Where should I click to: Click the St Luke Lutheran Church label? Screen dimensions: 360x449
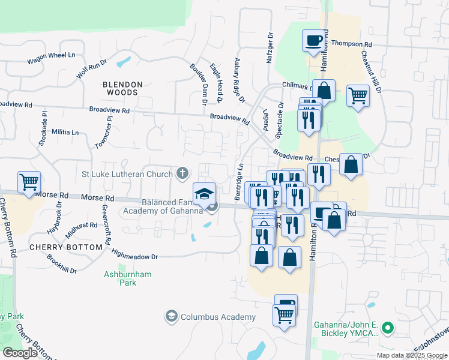coord(128,174)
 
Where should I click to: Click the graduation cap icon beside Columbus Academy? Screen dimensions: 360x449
coord(172,316)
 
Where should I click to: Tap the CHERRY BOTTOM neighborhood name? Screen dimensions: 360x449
coord(65,247)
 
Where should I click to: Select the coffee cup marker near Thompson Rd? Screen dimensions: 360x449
coord(313,41)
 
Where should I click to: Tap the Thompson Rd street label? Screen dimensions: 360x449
coord(351,44)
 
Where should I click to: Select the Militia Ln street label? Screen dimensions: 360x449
coord(65,132)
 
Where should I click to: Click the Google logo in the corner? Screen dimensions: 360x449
coord(20,353)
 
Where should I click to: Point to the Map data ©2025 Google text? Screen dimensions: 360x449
coord(411,355)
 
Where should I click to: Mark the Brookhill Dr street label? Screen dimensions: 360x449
coord(61,263)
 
